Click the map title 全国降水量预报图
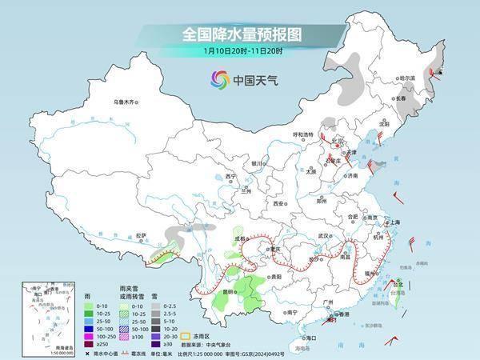click(239, 35)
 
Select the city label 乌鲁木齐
click(126, 102)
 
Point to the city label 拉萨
click(142, 235)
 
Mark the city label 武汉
click(324, 236)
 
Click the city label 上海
click(393, 222)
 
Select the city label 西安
click(278, 204)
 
